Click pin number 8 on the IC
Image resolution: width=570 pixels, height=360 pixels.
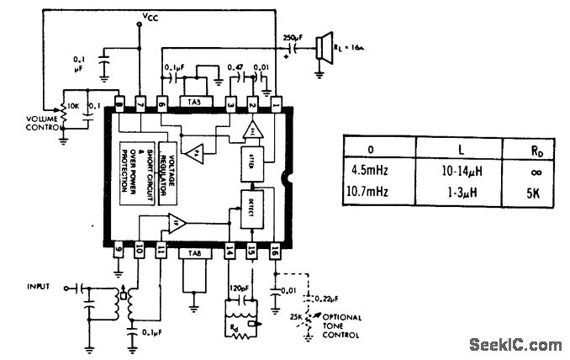point(119,104)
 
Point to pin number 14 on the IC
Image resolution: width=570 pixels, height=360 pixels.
point(229,250)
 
